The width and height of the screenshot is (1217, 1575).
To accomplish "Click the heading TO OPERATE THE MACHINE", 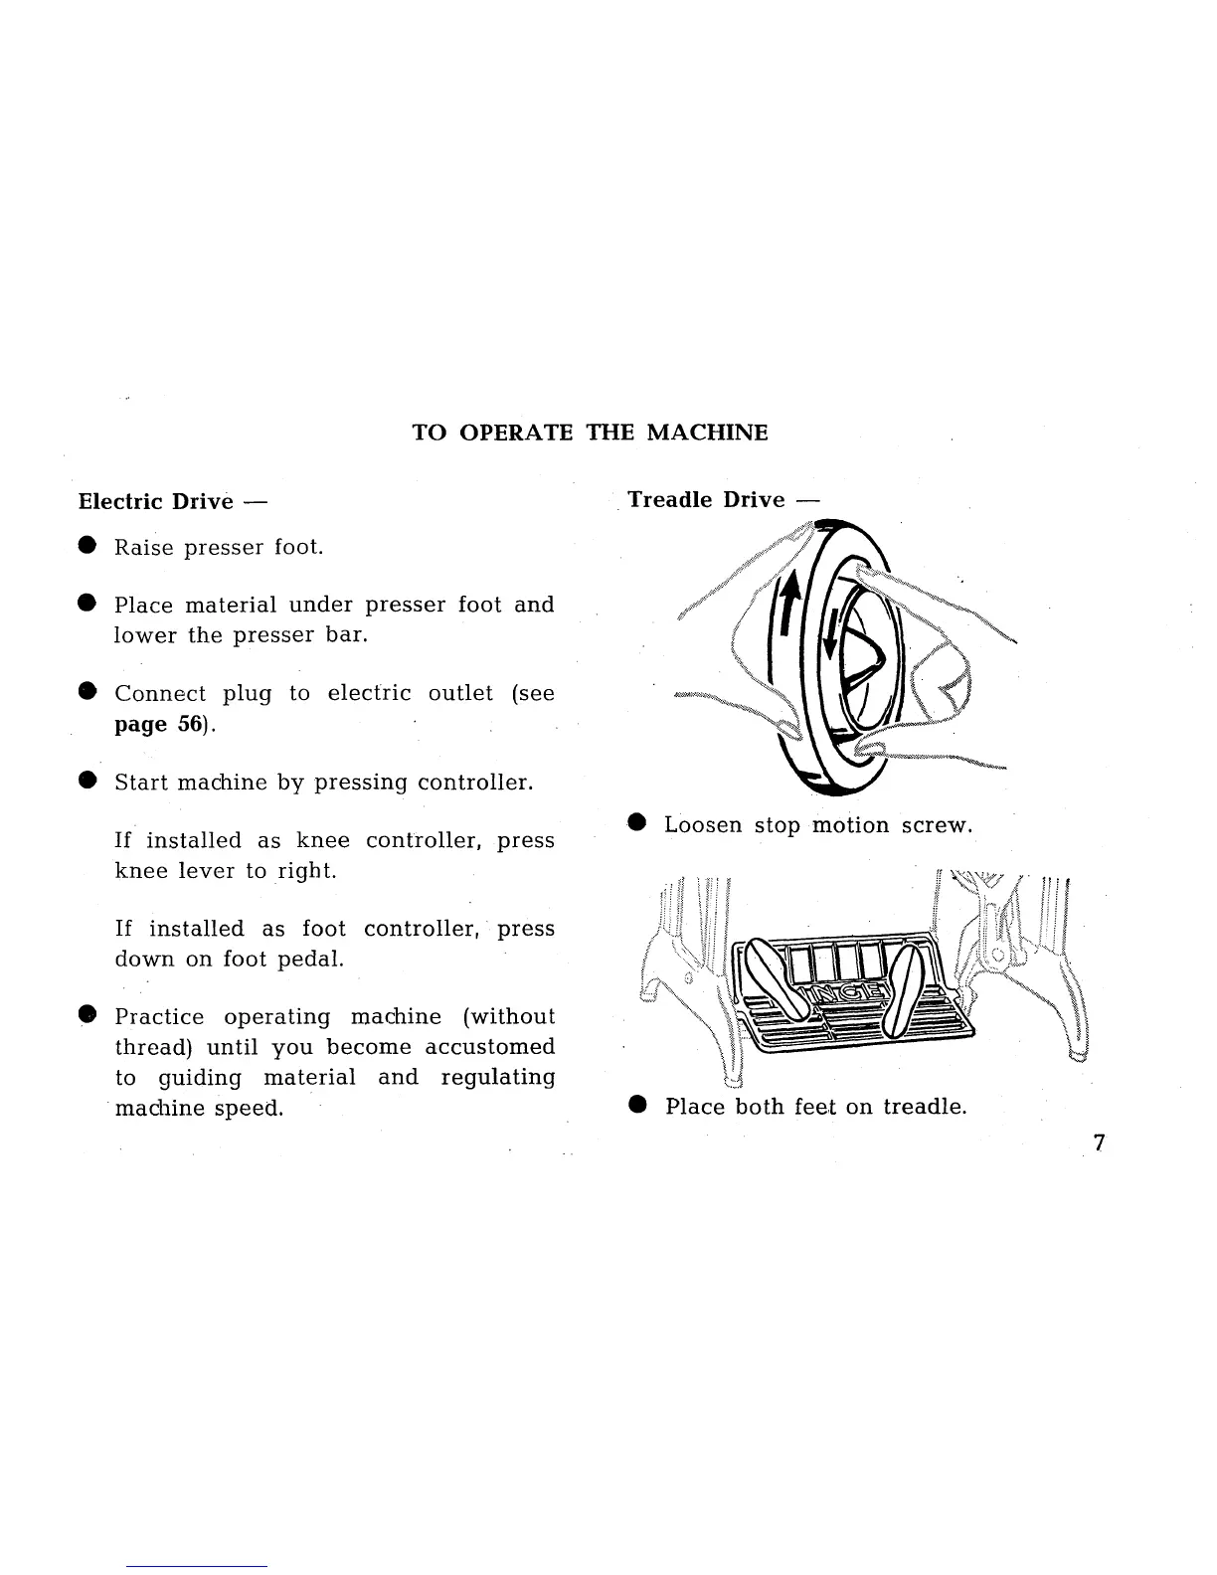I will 590,433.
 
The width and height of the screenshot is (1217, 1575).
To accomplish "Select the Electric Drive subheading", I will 155,501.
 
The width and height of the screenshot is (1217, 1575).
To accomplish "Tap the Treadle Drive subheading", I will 706,499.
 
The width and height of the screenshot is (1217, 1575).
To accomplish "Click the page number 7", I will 1099,1142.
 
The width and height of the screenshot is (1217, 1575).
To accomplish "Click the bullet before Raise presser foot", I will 87,546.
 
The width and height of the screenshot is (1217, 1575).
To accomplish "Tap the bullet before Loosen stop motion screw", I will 637,823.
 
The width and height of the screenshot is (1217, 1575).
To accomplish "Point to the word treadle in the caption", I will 925,1106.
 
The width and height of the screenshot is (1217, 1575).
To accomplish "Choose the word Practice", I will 159,1016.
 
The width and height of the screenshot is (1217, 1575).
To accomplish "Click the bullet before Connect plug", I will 87,692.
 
